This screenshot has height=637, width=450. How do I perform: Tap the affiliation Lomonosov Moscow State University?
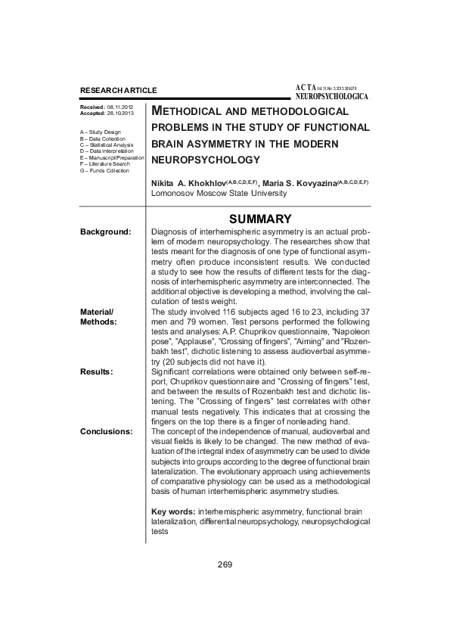219,194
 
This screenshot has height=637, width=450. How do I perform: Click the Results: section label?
97,371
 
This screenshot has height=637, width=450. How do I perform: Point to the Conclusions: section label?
106,430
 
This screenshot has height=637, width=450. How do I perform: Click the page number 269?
224,565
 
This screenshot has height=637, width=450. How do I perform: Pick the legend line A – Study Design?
100,132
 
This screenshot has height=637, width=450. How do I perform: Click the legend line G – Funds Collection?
104,170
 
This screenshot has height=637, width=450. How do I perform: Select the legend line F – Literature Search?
104,164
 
